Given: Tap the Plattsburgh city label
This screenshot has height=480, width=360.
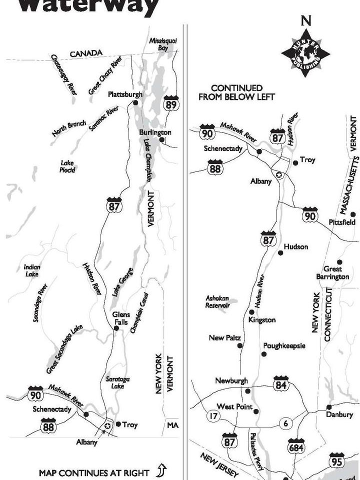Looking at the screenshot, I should pyautogui.click(x=125, y=94).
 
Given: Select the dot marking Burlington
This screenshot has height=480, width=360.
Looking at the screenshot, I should pyautogui.click(x=162, y=140).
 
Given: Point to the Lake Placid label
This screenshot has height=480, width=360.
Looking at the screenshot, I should pyautogui.click(x=67, y=166).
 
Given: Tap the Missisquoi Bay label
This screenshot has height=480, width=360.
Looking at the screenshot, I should pyautogui.click(x=163, y=44).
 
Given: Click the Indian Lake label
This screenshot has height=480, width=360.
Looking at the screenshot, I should pyautogui.click(x=32, y=270).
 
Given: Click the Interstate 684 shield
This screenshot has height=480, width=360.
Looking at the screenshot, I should pyautogui.click(x=296, y=446).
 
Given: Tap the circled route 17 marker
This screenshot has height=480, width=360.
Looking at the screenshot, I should pyautogui.click(x=214, y=416).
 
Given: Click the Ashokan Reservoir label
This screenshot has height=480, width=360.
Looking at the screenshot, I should pyautogui.click(x=217, y=301).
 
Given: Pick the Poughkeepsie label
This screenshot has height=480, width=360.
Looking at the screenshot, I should pyautogui.click(x=284, y=345).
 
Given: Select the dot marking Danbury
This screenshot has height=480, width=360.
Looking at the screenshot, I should pyautogui.click(x=329, y=407).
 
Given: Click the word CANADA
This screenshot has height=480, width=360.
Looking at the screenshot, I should pyautogui.click(x=86, y=53).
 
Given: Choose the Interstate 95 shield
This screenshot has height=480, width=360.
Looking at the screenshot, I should pyautogui.click(x=336, y=460).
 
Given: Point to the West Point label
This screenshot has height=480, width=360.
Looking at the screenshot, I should pyautogui.click(x=234, y=407).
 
